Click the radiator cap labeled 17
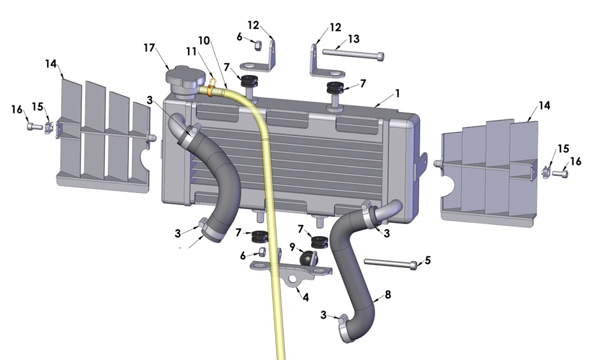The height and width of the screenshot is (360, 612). (183, 79)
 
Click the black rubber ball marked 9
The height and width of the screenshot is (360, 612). (308, 258)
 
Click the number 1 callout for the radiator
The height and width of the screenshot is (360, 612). (397, 93)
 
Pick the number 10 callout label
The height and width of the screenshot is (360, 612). (204, 40)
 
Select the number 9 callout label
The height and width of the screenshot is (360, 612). (293, 246)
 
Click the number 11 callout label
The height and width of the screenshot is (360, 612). (191, 50)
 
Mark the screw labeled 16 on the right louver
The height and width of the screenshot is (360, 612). (559, 172)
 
